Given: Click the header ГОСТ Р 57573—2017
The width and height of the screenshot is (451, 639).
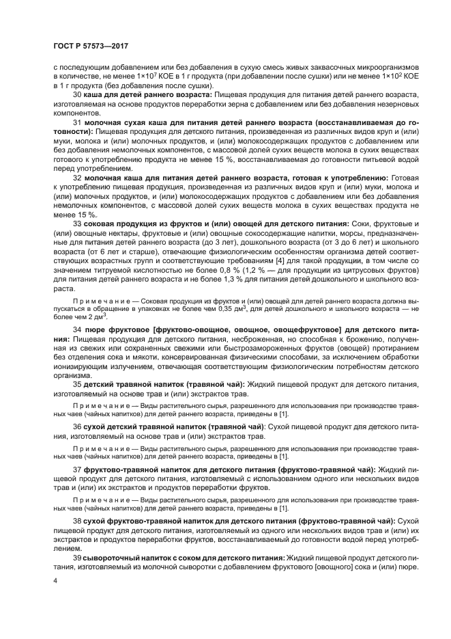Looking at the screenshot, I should (x=91, y=46).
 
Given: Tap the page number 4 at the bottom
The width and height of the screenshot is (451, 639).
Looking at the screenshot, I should (x=55, y=580).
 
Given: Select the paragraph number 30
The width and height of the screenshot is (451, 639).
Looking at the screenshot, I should (x=77, y=95).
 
